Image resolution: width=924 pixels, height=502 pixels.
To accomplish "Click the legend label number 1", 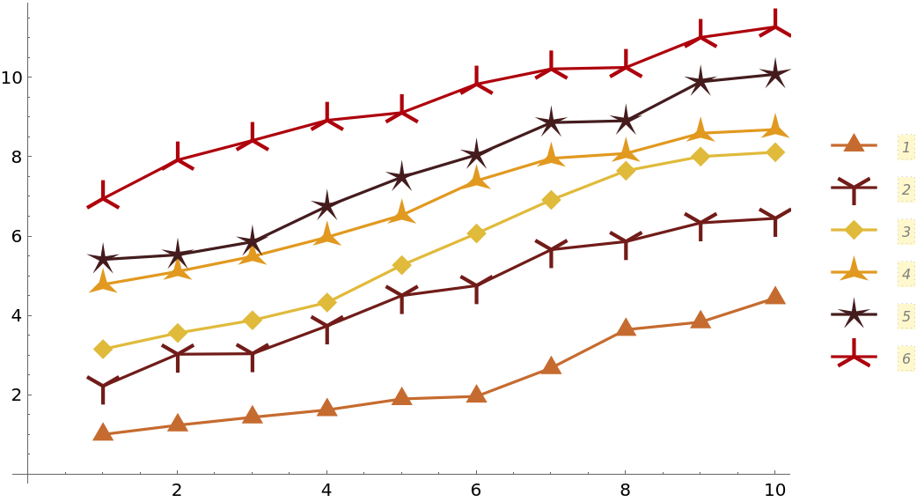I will click(x=906, y=146).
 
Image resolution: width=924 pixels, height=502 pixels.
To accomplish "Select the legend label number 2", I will click(x=906, y=188).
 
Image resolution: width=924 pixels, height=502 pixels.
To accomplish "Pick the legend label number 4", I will click(x=906, y=273).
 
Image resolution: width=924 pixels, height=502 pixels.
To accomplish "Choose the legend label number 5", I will click(x=906, y=315).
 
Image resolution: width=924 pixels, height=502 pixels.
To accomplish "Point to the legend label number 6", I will click(x=906, y=358).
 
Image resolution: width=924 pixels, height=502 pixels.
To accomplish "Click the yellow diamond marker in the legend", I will click(x=854, y=231).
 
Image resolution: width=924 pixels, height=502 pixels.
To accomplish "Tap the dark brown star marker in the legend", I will click(x=854, y=314).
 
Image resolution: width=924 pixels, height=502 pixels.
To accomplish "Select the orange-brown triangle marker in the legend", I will click(x=854, y=144).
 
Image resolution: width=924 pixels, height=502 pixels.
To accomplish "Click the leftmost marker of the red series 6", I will click(x=104, y=199).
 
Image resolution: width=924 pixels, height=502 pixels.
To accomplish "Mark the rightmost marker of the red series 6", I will click(x=774, y=27).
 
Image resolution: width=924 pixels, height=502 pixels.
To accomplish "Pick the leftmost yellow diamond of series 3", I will click(x=104, y=349).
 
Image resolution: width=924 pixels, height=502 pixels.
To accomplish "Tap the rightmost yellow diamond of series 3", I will click(x=774, y=152).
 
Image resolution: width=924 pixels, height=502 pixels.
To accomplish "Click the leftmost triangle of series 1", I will click(x=104, y=432).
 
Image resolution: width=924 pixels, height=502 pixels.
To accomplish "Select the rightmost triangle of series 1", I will click(x=774, y=295).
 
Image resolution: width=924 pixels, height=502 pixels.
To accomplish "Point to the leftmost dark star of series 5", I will click(x=104, y=259).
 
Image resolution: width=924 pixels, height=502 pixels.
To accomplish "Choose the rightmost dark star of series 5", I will click(x=774, y=74).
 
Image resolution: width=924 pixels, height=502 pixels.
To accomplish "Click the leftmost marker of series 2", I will click(x=104, y=385).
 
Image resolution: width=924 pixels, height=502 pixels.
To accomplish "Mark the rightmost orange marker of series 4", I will click(x=774, y=128).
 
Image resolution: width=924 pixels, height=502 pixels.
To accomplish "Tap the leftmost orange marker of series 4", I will click(x=104, y=283).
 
